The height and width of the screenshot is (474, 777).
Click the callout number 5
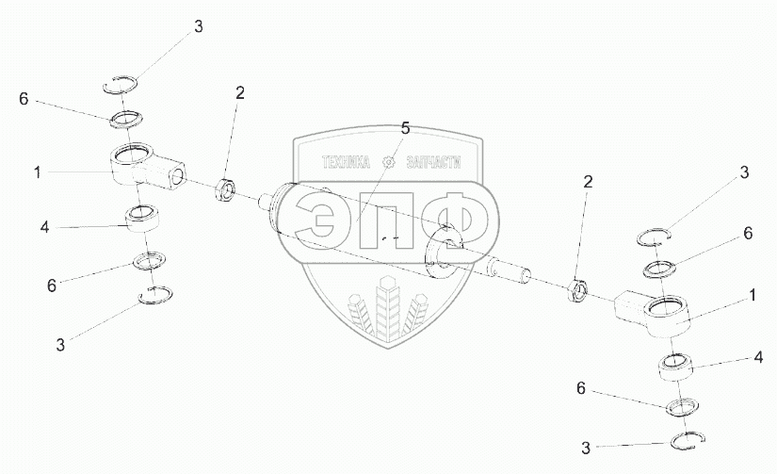coord(405,129)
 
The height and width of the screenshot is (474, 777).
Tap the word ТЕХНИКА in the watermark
coord(346,162)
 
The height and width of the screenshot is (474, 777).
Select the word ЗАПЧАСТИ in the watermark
coord(433,162)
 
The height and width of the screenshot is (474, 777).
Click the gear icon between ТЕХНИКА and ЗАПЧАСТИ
coord(388,162)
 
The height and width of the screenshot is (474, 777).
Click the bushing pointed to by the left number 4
coord(143,218)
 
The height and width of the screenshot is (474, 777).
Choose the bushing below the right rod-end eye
coord(674,367)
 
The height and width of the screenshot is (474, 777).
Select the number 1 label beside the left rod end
coord(38,173)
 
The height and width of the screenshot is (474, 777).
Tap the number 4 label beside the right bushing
coord(758,357)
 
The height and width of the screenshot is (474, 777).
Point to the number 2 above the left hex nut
coord(240,92)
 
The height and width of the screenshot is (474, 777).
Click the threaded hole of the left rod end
coord(176,175)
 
